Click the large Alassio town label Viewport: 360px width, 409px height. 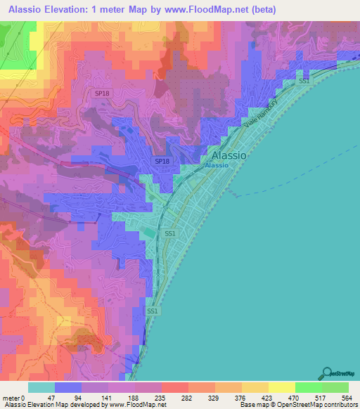[x=229, y=155]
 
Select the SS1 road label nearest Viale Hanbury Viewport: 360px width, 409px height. [x=304, y=82]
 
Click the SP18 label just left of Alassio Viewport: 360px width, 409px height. [x=162, y=162]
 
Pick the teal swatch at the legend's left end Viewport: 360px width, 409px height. [x=41, y=387]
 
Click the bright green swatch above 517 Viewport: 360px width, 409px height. [x=309, y=387]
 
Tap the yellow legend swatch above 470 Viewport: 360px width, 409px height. [x=282, y=387]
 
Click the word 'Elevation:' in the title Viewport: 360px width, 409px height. [x=76, y=10]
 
